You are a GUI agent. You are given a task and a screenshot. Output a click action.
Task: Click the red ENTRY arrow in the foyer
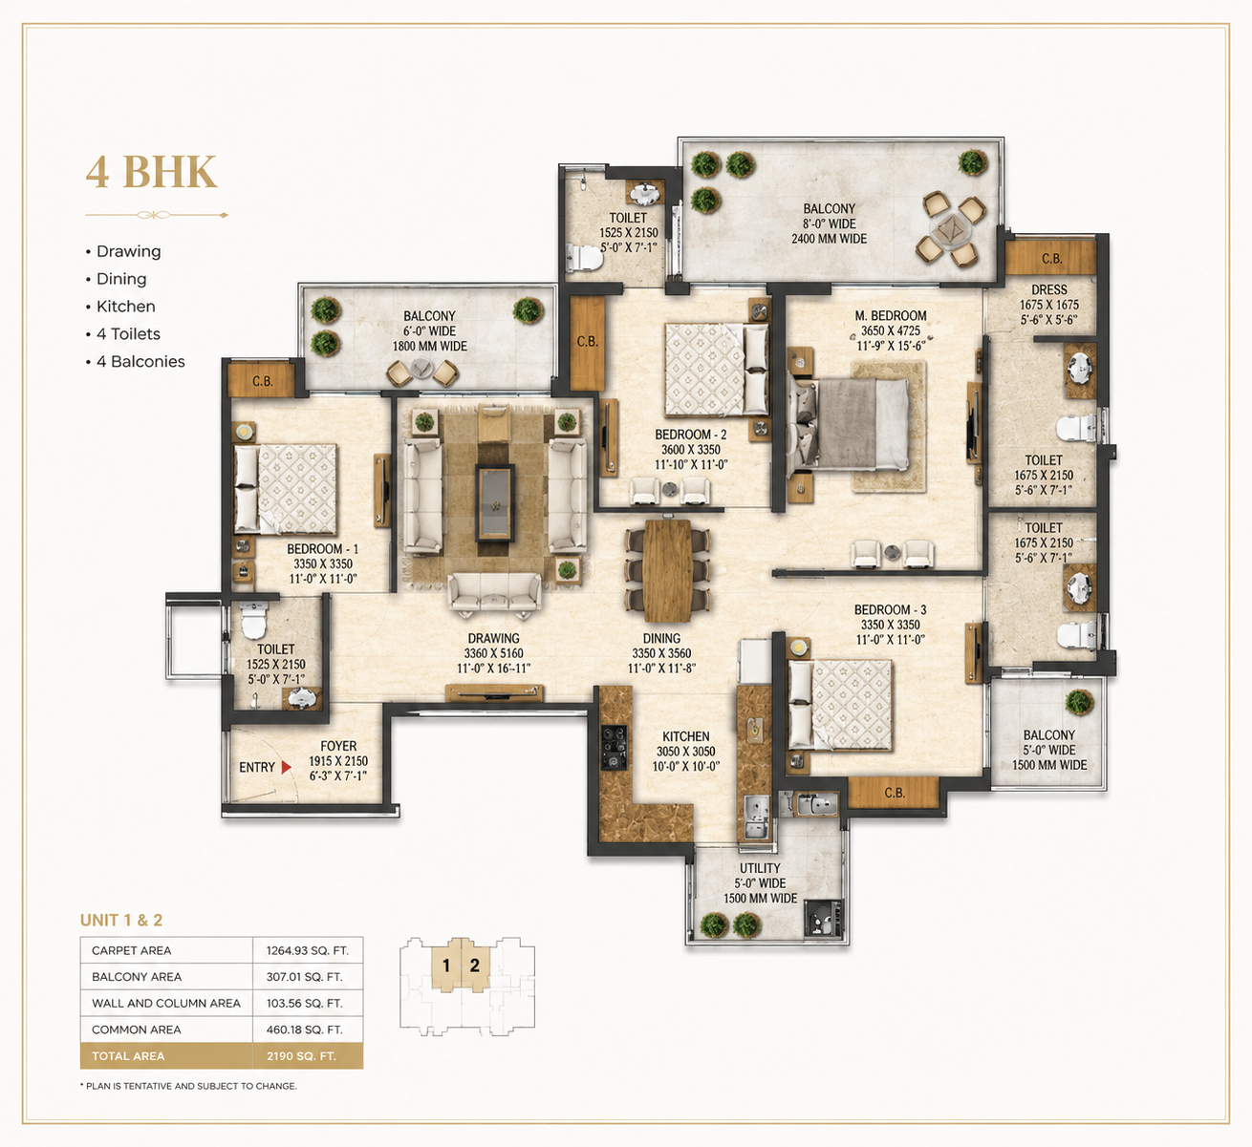286,767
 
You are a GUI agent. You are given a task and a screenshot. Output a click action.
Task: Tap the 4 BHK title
151,172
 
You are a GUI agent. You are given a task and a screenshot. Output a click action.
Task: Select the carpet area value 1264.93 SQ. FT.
307,950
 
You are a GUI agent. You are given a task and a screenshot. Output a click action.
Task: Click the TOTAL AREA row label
128,1056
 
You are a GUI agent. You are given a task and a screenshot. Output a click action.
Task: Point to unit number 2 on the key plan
474,966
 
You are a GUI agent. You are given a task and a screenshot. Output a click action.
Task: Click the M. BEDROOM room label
891,315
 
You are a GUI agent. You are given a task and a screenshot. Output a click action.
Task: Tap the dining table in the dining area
667,571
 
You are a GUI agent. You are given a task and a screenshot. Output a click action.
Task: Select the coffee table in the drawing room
495,502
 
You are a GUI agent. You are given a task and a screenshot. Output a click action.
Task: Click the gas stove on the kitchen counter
614,747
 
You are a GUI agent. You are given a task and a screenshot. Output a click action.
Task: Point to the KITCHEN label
686,736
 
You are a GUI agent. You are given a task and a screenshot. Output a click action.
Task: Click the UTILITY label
760,868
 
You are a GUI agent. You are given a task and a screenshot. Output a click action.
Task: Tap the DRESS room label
1049,290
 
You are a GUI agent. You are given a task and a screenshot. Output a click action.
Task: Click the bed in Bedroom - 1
285,489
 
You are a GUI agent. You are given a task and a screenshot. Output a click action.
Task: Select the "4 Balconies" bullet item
136,362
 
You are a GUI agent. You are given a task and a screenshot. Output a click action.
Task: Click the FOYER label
338,746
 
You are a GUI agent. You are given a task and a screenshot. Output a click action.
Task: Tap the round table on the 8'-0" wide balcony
951,228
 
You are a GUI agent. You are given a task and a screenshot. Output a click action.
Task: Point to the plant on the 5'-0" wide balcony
1080,702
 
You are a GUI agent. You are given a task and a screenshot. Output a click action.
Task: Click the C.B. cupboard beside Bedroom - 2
588,342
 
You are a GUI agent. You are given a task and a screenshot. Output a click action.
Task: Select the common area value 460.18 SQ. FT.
305,1030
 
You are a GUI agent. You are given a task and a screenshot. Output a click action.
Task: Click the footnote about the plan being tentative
188,1086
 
